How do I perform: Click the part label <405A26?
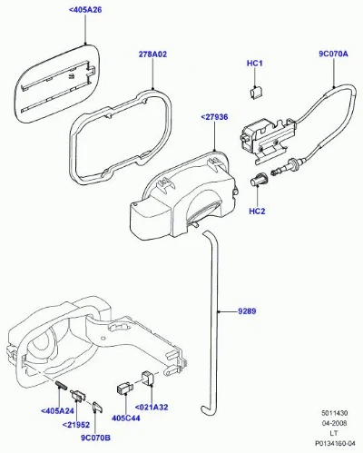point(85,10)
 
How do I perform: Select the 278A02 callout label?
point(152,54)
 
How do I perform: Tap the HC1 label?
point(255,64)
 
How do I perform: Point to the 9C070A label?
point(333,54)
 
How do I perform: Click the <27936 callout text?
point(214,117)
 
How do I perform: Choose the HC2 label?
point(257,211)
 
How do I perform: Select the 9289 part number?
point(247,311)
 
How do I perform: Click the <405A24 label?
point(57,411)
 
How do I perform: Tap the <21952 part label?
point(76,425)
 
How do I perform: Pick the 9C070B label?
point(95,438)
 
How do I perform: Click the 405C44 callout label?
point(126,418)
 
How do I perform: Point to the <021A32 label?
point(151,407)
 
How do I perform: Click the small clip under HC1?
point(256,93)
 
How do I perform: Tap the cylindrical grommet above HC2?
point(258,179)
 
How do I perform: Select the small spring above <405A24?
point(62,385)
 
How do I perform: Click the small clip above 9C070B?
point(97,407)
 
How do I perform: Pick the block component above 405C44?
point(124,389)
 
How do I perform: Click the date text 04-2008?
point(334,423)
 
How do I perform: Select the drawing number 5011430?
point(334,413)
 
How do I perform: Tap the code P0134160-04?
point(335,444)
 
